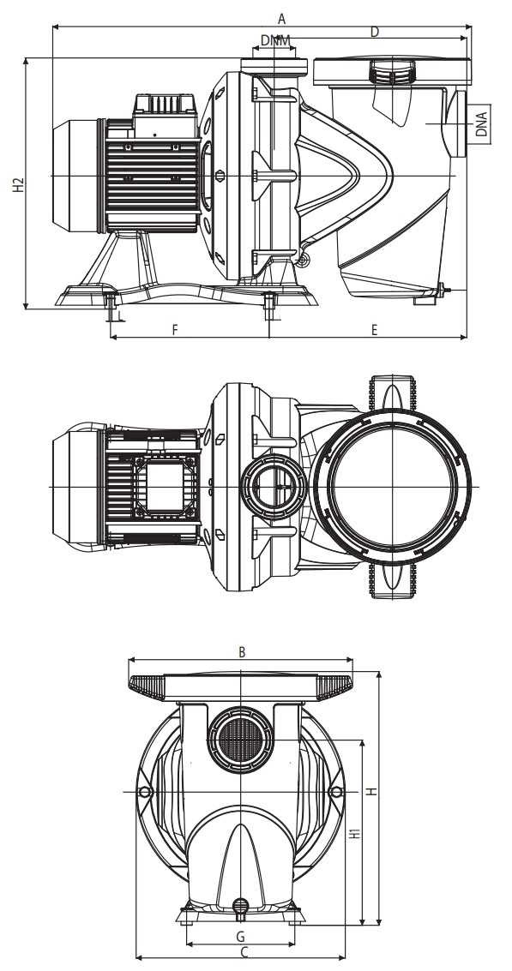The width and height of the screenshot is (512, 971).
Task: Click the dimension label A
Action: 281,18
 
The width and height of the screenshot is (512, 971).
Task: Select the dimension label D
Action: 375,33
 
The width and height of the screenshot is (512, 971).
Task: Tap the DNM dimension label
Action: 275,40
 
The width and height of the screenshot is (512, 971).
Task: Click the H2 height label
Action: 19,184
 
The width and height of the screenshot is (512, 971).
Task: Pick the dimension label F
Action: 175,330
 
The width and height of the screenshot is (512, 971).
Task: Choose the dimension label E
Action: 375,330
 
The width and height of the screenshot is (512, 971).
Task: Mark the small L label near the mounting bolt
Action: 120,316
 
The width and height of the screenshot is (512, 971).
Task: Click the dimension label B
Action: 243,652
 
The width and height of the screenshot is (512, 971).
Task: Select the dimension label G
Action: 241,934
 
